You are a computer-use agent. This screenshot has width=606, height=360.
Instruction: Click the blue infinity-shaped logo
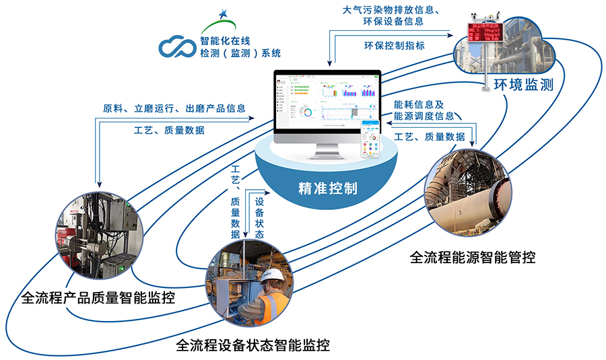[x=177, y=46]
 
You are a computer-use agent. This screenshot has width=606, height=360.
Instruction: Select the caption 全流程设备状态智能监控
[x=252, y=346]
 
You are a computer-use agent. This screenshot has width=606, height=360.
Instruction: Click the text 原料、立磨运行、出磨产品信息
[x=174, y=108]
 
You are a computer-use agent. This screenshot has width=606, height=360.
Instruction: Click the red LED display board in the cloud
[x=487, y=32]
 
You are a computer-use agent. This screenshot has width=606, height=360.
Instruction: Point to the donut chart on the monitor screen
[x=308, y=111]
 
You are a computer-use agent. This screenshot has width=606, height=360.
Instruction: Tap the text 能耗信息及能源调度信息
[x=425, y=110]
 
